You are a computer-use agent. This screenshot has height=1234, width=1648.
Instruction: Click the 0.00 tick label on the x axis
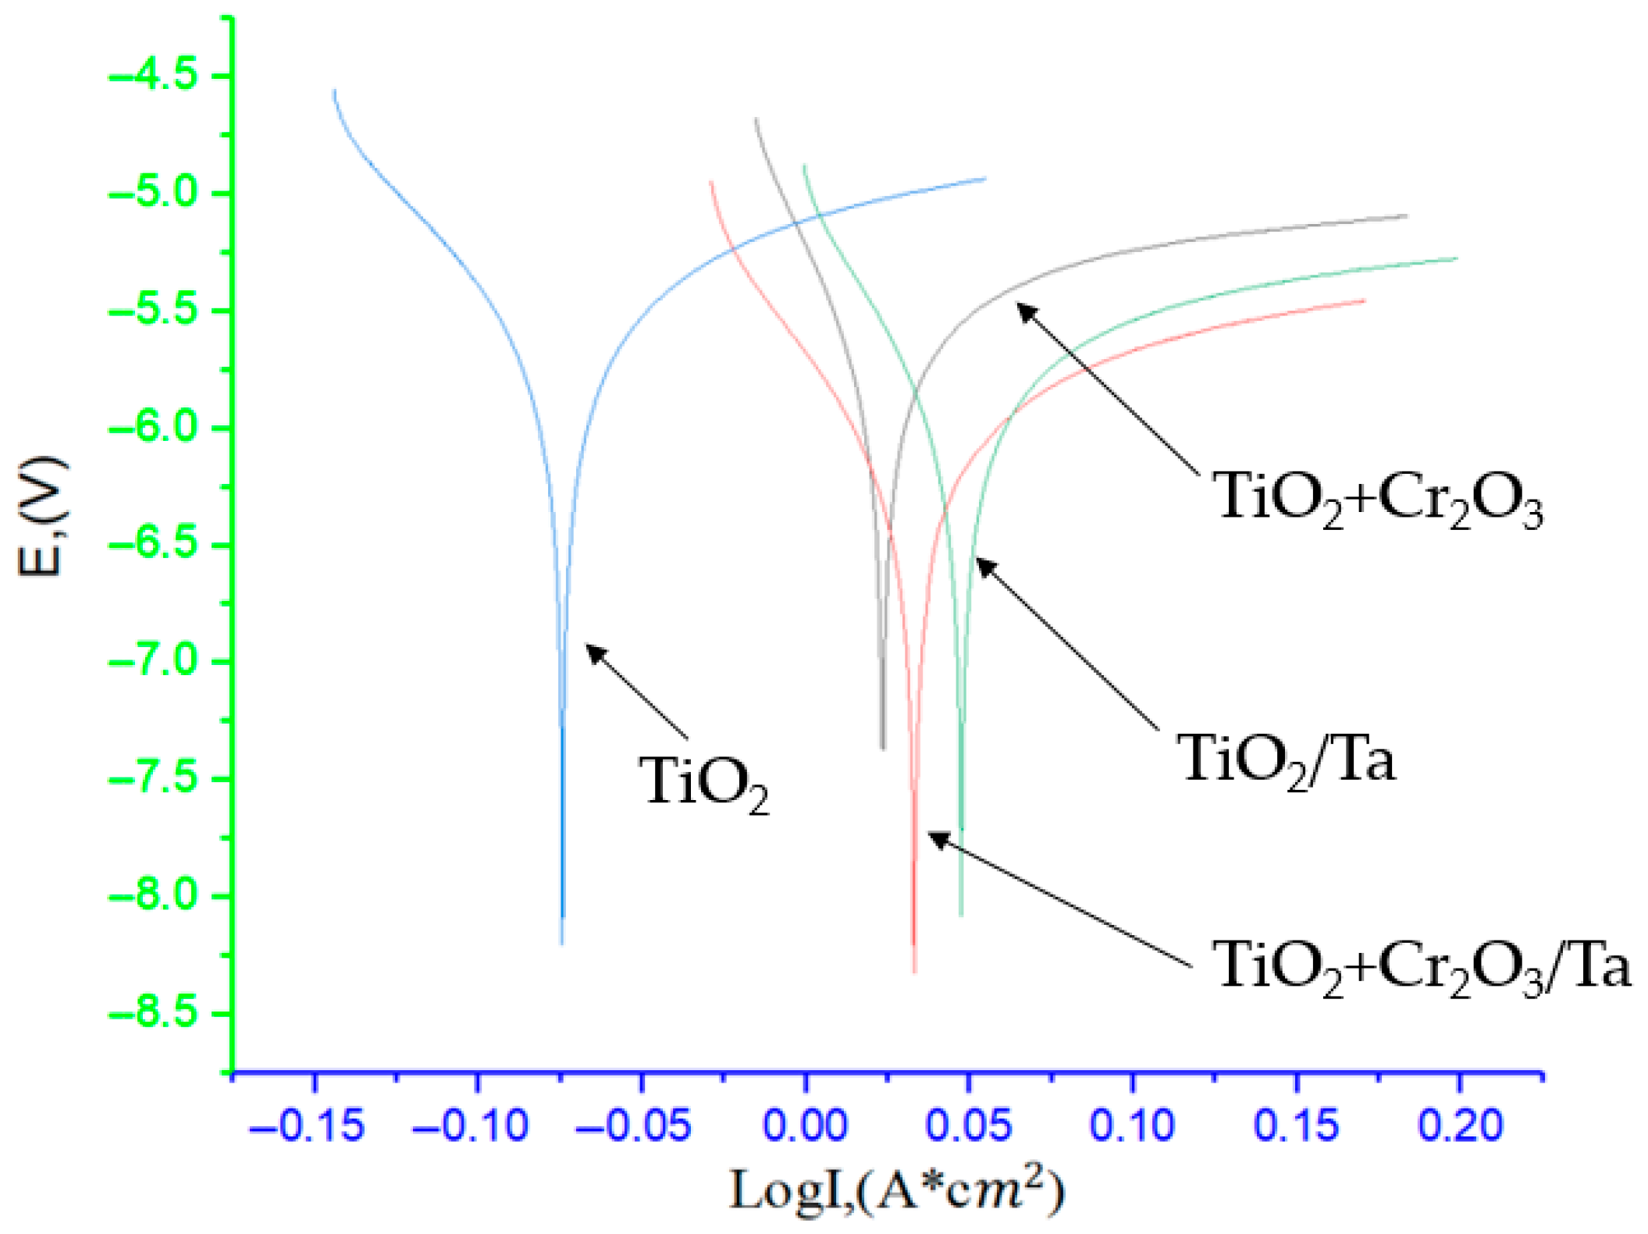click(x=805, y=1125)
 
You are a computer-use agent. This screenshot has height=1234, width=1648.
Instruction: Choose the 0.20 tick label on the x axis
click(x=1460, y=1125)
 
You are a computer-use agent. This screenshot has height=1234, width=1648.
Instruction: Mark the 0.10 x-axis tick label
click(x=1132, y=1125)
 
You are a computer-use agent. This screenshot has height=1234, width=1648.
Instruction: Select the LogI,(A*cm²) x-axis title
click(x=896, y=1190)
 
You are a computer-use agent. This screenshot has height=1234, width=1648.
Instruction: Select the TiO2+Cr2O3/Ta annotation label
click(x=1421, y=966)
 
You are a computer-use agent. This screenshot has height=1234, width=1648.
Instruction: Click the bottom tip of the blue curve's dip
click(x=562, y=943)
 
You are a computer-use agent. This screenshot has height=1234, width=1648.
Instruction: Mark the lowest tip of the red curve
click(x=914, y=971)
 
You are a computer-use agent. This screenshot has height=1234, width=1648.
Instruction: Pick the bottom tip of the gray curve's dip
click(x=883, y=749)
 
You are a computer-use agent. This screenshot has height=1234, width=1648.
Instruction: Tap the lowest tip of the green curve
click(x=961, y=915)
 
